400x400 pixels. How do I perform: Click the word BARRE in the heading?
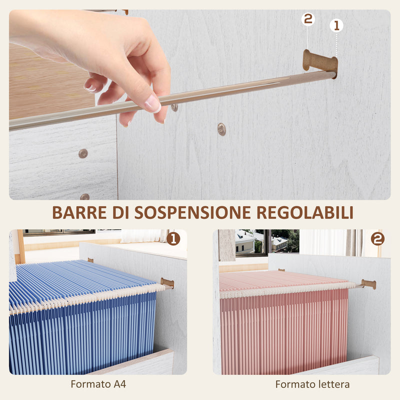pos(79,212)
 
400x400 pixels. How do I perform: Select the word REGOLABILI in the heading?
pos(305,212)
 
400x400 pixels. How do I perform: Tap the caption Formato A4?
pos(98,384)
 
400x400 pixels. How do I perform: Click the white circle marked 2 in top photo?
pos(308,19)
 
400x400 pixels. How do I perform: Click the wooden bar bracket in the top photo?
pos(320,61)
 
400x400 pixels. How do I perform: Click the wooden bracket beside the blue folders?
pos(167,283)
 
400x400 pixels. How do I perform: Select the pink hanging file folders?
pos(285,325)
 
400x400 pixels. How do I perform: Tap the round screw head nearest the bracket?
pos(221,129)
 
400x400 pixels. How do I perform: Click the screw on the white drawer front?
pos(83,153)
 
